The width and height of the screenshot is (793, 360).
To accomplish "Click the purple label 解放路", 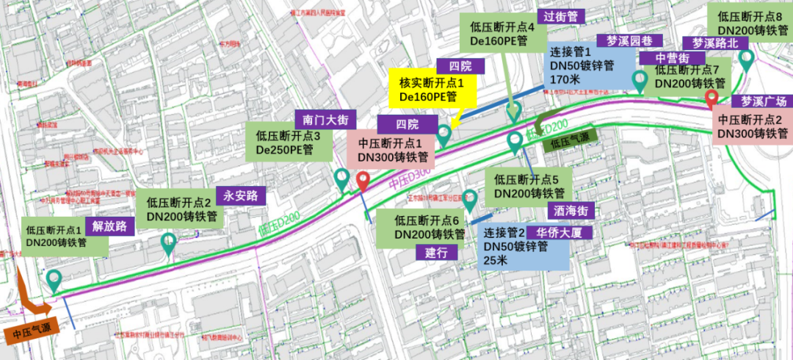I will point(109,226).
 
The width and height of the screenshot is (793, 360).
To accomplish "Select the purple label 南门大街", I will point(325,118).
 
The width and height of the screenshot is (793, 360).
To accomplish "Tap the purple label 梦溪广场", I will point(762,101).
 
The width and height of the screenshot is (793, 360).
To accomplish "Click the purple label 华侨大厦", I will point(559,231).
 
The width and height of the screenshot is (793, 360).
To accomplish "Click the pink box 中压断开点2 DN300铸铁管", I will point(753,126).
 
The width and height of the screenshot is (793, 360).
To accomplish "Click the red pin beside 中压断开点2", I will point(711,98).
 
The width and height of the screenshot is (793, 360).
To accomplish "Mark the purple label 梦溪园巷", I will point(629,40).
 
